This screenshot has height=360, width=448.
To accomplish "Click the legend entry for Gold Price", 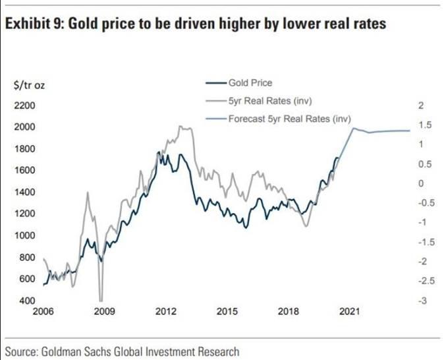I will [250, 83].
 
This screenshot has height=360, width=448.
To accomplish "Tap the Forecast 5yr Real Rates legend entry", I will [289, 119].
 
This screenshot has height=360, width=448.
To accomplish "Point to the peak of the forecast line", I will [354, 128].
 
